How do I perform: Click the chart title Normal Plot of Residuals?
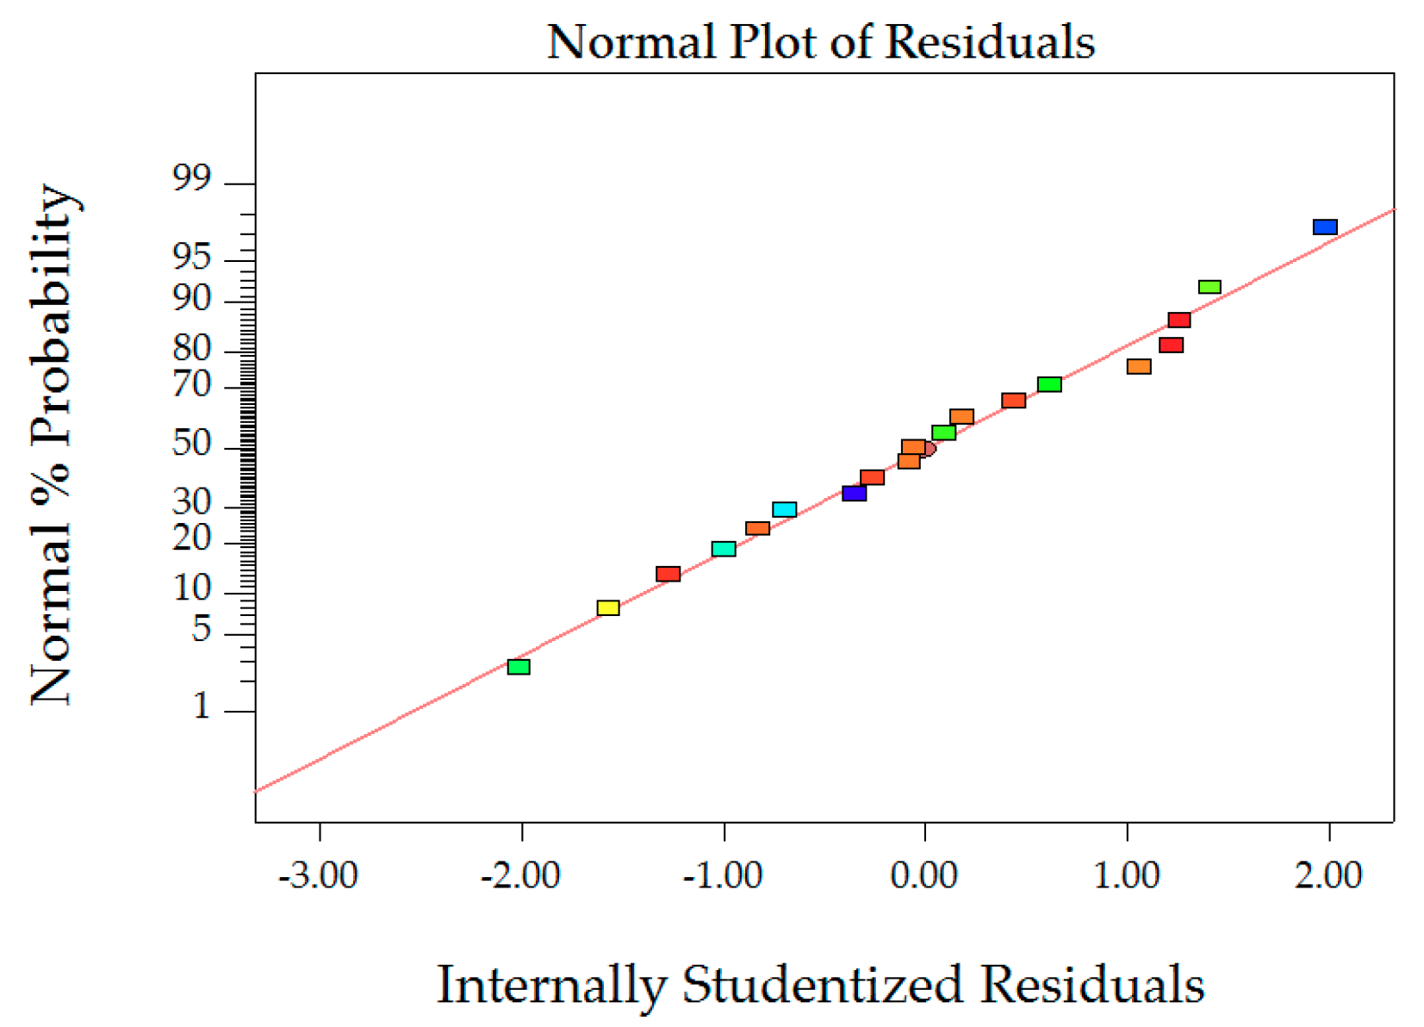tap(820, 41)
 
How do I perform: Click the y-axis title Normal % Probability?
tap(52, 445)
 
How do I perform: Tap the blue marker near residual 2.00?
tap(1324, 227)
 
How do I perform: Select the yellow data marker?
tap(607, 608)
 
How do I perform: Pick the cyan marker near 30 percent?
tap(784, 510)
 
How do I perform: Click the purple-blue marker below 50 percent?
tap(854, 494)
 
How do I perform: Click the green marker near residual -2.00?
tap(518, 667)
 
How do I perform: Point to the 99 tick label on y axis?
tap(191, 179)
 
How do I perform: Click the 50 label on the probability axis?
tap(191, 444)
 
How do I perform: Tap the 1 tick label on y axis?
tap(202, 706)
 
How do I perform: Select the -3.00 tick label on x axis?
tap(318, 875)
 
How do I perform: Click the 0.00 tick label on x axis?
tap(923, 875)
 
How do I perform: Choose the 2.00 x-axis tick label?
tap(1328, 875)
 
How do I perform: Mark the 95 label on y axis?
tap(191, 257)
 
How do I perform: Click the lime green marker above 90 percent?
tap(1209, 287)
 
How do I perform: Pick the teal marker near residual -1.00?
tap(724, 549)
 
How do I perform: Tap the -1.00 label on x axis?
tap(722, 875)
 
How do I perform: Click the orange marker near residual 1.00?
tap(1138, 367)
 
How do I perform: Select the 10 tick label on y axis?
tap(191, 588)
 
